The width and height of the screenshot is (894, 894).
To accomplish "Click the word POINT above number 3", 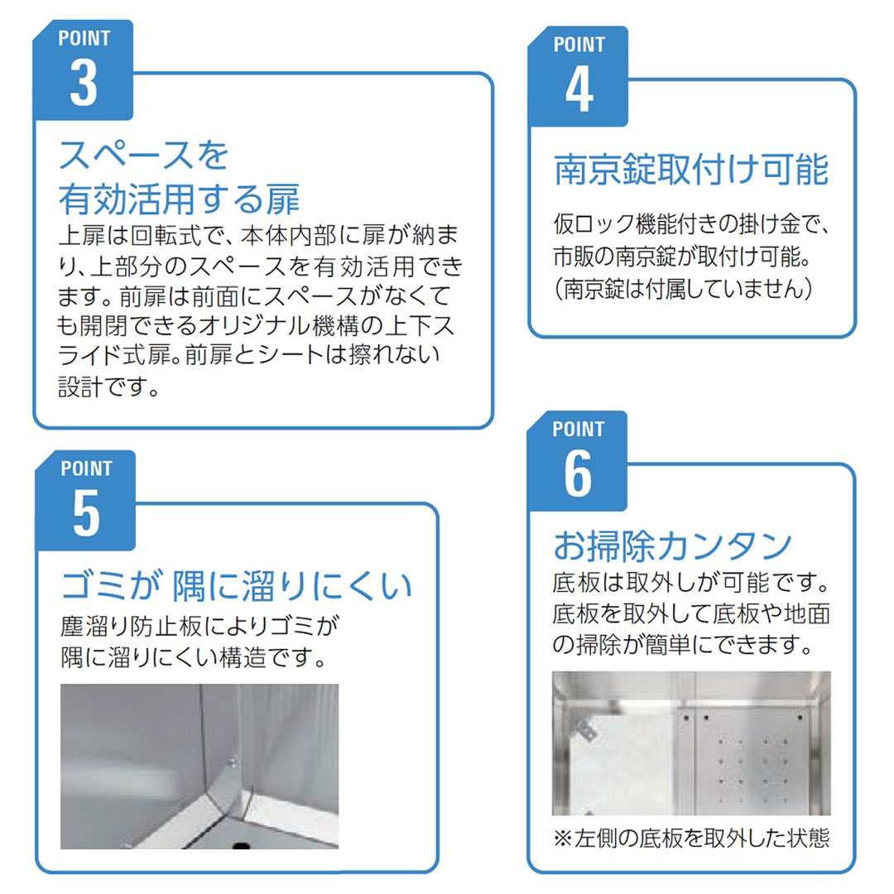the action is pyautogui.click(x=84, y=38).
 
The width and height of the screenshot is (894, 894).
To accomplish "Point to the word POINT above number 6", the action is pyautogui.click(x=578, y=429).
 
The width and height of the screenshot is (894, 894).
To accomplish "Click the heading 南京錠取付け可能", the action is pyautogui.click(x=691, y=170).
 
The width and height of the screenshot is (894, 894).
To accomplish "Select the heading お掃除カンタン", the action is pyautogui.click(x=673, y=546).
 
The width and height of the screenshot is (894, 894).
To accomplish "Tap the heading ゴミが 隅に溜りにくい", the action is pyautogui.click(x=237, y=585).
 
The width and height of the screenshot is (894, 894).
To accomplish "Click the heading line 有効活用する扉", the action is pyautogui.click(x=179, y=199).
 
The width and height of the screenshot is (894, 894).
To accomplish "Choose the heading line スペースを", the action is pyautogui.click(x=144, y=155).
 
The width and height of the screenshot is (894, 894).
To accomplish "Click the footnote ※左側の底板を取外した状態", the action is pyautogui.click(x=691, y=838).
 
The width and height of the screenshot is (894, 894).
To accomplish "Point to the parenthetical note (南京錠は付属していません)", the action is pyautogui.click(x=683, y=289).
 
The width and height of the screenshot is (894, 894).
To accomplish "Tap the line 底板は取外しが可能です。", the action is pyautogui.click(x=691, y=582).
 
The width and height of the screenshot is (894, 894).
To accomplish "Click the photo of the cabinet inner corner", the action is pyautogui.click(x=199, y=767).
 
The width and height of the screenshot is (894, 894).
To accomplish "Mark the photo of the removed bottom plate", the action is pyautogui.click(x=691, y=743).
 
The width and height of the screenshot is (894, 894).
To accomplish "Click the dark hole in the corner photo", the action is pyautogui.click(x=242, y=844).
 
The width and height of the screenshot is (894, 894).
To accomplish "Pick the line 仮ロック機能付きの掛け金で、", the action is pyautogui.click(x=691, y=224).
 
